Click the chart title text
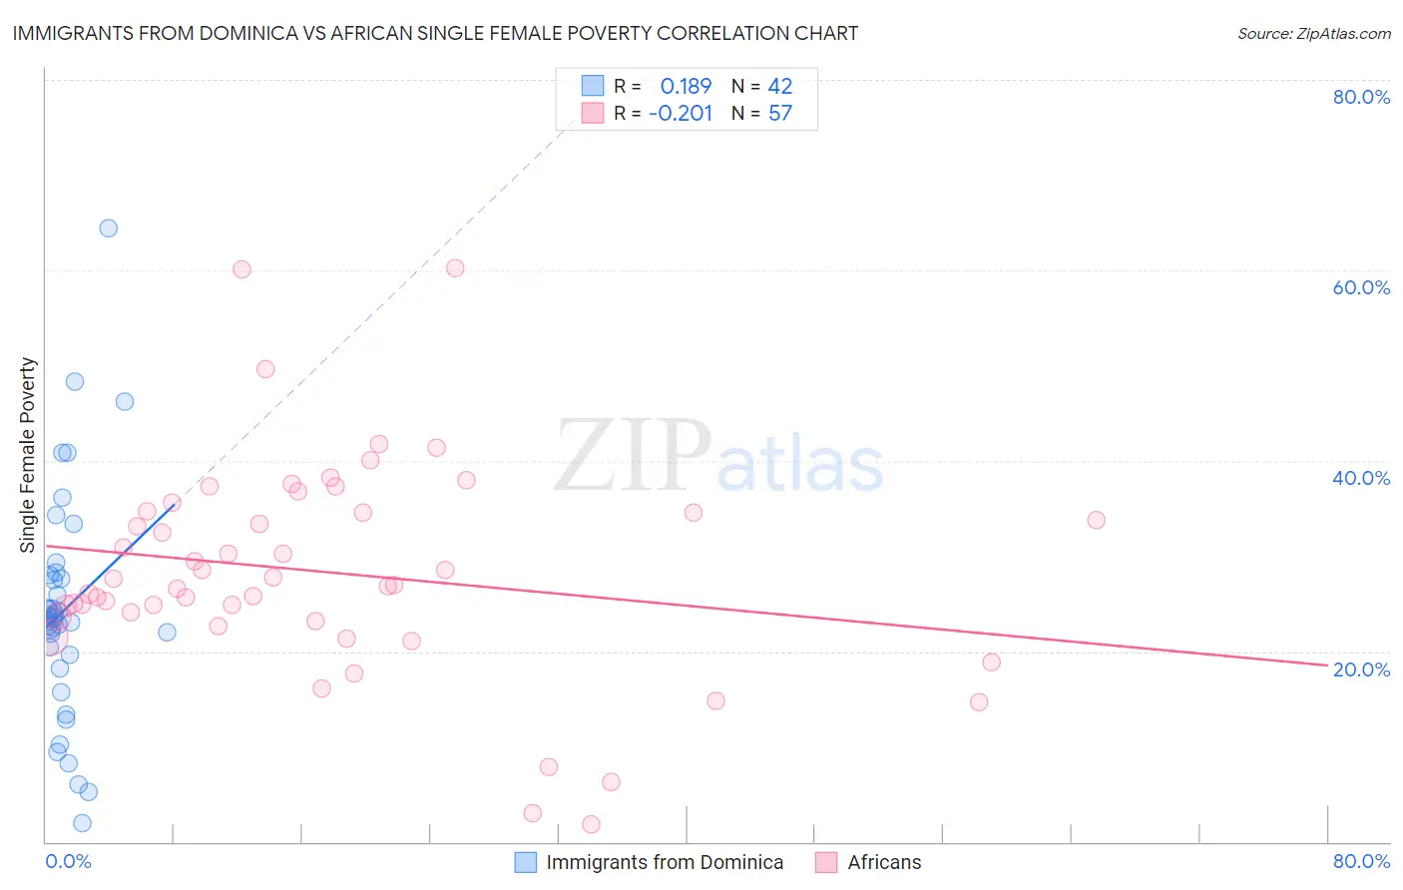pyautogui.click(x=435, y=33)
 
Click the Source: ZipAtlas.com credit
pyautogui.click(x=1313, y=33)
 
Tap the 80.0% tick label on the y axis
pyautogui.click(x=1361, y=97)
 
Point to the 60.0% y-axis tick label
pyautogui.click(x=1361, y=287)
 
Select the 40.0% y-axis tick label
pyautogui.click(x=1361, y=478)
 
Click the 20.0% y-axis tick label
pyautogui.click(x=1361, y=669)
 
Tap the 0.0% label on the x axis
pyautogui.click(x=68, y=861)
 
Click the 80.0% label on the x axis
pyautogui.click(x=1361, y=861)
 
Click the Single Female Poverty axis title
pyautogui.click(x=28, y=455)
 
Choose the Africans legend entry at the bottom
pyautogui.click(x=884, y=863)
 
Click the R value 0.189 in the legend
pyautogui.click(x=686, y=87)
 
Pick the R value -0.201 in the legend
pyautogui.click(x=681, y=114)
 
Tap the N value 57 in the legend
pyautogui.click(x=779, y=114)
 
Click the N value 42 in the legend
pyautogui.click(x=779, y=87)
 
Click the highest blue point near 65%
pyautogui.click(x=108, y=228)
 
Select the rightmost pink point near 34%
pyautogui.click(x=1096, y=520)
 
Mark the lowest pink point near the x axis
pyautogui.click(x=591, y=824)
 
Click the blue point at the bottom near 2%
pyautogui.click(x=82, y=823)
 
